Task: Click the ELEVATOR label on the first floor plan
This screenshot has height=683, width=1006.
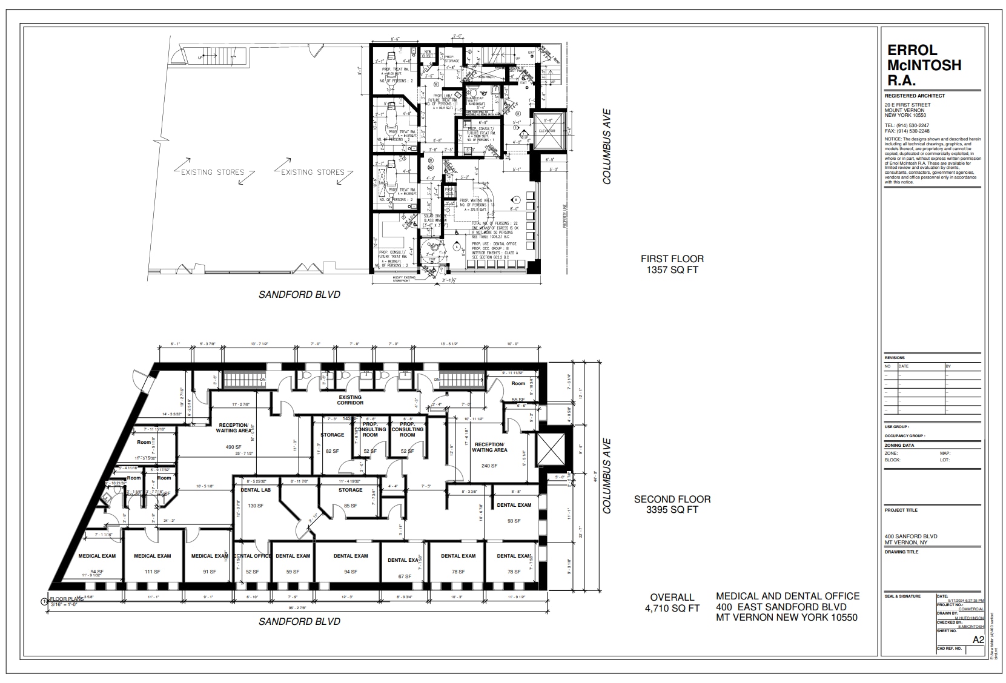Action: pos(548,131)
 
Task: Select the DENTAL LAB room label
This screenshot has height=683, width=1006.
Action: pos(255,490)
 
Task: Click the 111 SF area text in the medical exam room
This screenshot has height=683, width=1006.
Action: pos(152,572)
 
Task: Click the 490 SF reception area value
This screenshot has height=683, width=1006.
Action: pos(234,447)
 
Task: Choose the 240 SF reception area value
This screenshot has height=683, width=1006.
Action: pos(489,466)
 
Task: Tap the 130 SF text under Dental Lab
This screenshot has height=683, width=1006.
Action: pos(255,506)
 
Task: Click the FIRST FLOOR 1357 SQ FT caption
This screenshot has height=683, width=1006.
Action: pos(672,264)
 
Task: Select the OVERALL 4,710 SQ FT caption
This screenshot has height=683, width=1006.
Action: pos(672,602)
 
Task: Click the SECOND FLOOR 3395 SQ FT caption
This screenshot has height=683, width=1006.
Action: pos(672,504)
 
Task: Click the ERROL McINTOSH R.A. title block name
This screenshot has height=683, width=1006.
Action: pos(924,65)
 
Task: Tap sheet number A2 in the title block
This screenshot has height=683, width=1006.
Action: pos(978,640)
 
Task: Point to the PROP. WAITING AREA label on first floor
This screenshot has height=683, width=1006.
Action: pos(475,200)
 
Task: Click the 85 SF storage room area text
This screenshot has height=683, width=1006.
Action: pos(350,506)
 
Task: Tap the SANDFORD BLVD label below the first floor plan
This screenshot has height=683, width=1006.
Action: pos(299,295)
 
